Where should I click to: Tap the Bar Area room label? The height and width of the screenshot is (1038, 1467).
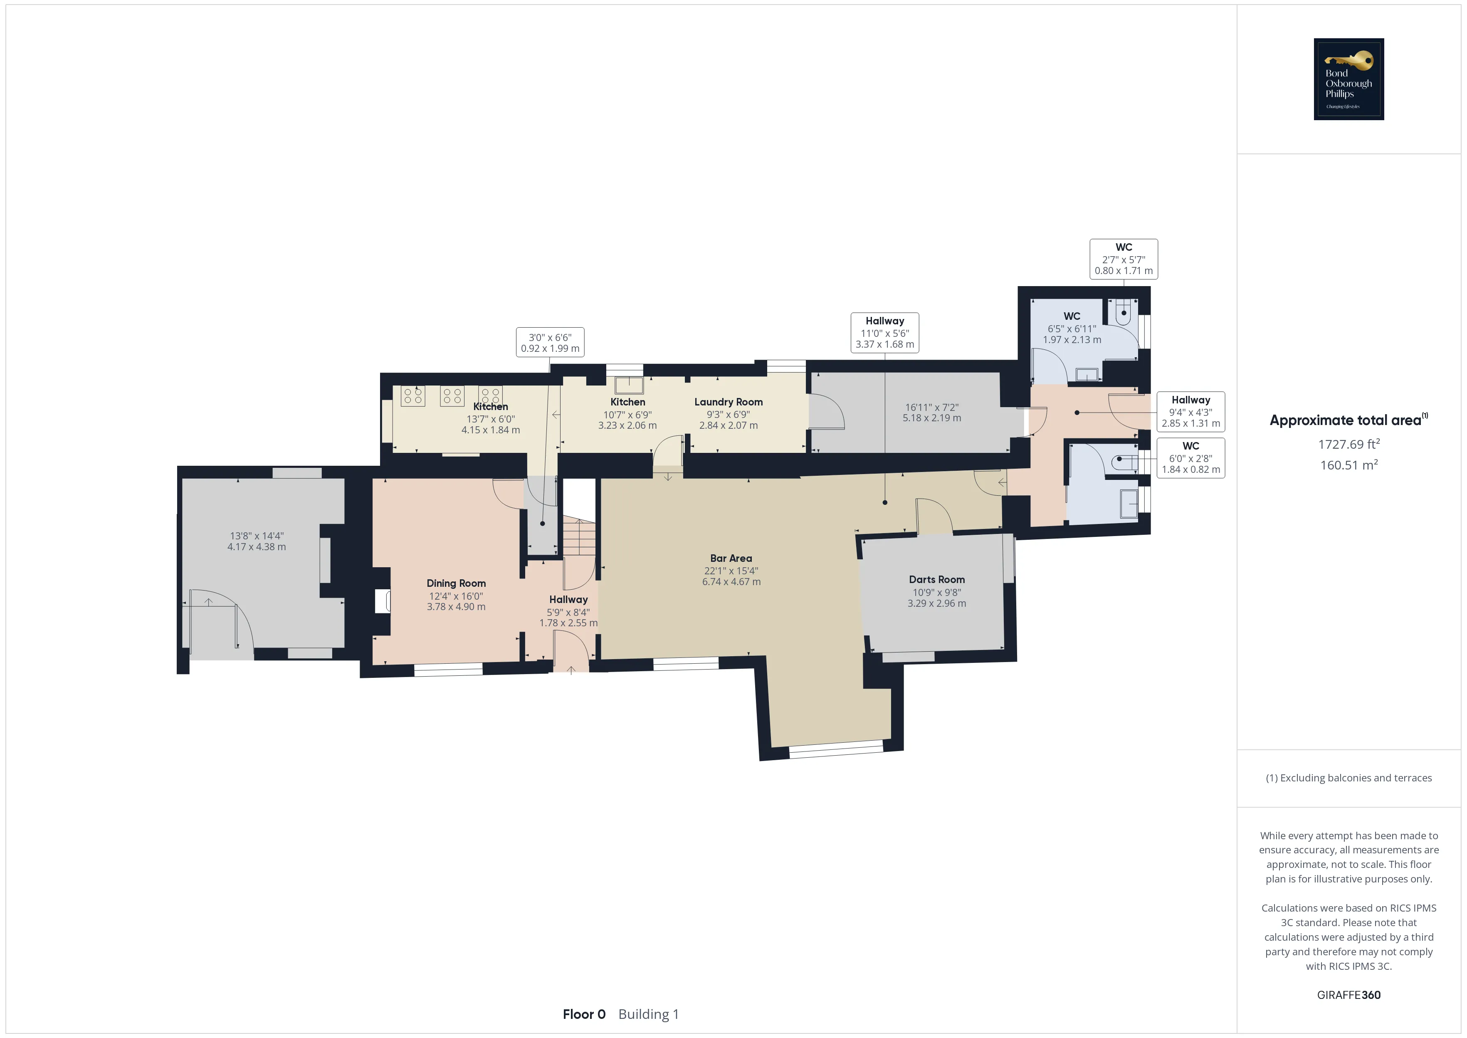[x=731, y=558]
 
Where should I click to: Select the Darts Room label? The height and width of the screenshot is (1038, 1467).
[x=937, y=579]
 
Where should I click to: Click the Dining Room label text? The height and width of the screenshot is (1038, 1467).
[x=456, y=583]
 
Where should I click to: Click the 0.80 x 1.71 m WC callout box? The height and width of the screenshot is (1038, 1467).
[x=1123, y=259]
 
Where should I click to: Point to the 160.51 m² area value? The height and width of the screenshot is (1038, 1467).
[x=1349, y=465]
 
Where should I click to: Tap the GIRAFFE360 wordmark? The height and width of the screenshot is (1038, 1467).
[x=1349, y=995]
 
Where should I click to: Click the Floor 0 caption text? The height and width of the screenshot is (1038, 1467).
[x=584, y=1014]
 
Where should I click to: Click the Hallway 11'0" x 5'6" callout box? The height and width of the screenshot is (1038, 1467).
[x=884, y=332]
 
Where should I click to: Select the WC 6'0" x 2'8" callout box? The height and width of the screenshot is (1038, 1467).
[x=1190, y=457]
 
